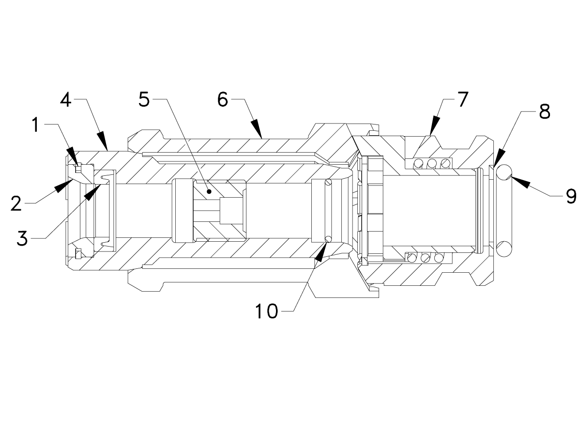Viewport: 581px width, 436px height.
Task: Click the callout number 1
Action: point(35,125)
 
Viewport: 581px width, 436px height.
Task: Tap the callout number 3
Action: point(23,238)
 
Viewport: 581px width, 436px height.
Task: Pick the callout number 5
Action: point(144,100)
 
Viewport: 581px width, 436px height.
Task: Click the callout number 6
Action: point(222,100)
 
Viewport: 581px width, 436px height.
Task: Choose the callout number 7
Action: point(461,99)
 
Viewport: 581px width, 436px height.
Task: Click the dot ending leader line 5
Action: point(209,191)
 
